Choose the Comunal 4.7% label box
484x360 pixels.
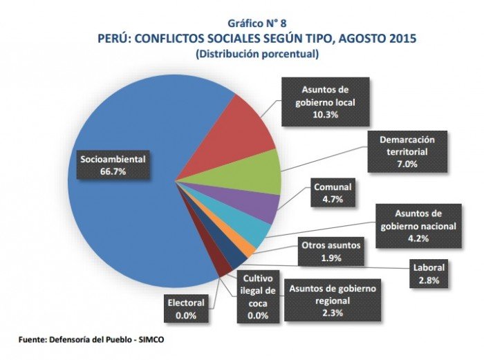[332, 193]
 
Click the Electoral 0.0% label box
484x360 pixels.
[186, 307]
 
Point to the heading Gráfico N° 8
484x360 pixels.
[257, 22]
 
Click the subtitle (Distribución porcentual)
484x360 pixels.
[257, 53]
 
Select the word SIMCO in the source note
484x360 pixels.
[150, 340]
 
